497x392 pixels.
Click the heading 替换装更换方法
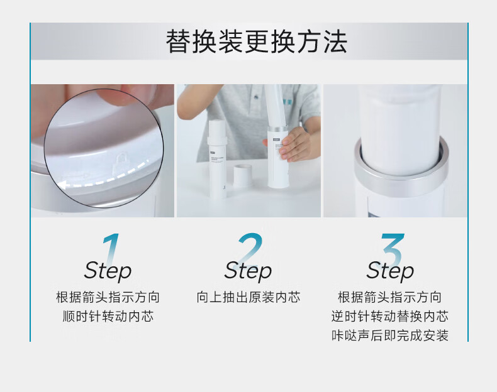click(x=257, y=41)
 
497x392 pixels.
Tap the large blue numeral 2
click(x=250, y=248)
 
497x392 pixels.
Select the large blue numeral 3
click(x=393, y=249)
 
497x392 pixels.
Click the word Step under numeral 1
click(x=108, y=271)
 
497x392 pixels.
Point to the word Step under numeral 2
click(x=248, y=271)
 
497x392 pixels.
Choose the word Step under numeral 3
click(x=390, y=271)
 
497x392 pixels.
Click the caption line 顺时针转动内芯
click(x=108, y=316)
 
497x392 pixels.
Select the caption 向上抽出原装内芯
click(x=248, y=297)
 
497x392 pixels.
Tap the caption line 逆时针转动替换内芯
click(x=390, y=316)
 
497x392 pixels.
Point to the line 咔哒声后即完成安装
click(x=390, y=335)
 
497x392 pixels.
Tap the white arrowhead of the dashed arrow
click(x=65, y=185)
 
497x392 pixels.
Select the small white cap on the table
click(x=243, y=177)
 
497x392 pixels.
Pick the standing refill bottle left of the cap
click(x=218, y=159)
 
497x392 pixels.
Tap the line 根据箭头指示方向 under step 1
click(x=108, y=297)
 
